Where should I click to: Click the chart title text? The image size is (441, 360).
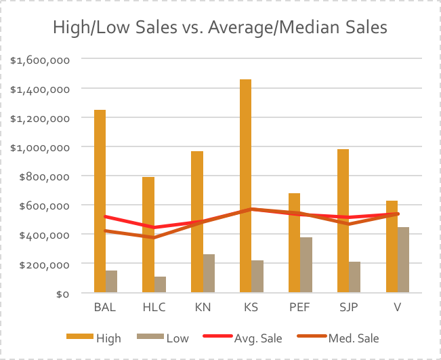pos(220,28)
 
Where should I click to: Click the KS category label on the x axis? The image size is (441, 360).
pos(251,308)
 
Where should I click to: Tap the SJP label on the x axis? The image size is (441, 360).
pos(348,308)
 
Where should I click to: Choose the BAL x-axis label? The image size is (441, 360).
pos(105,308)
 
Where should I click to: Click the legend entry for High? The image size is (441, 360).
pos(94,338)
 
